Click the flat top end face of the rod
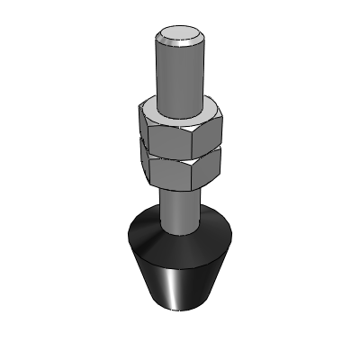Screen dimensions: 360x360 tap(179, 37)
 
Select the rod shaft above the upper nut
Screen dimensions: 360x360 tap(179, 76)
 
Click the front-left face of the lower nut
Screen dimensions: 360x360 tap(169, 174)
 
